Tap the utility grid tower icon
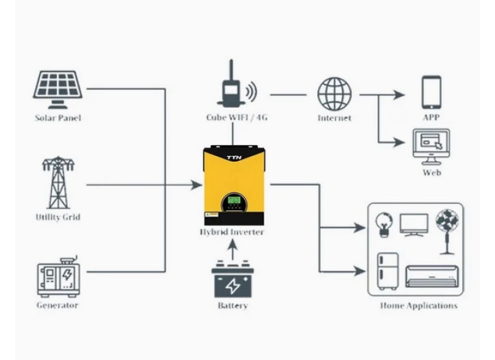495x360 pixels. click(x=58, y=183)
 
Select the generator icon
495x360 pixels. click(x=58, y=278)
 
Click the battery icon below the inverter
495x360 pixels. click(x=232, y=280)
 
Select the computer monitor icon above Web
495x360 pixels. click(x=431, y=146)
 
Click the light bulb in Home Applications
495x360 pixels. click(x=383, y=223)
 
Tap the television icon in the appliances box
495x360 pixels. click(x=414, y=224)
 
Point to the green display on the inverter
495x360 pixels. click(x=234, y=202)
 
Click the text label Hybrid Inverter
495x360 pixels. click(x=232, y=232)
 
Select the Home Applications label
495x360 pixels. click(x=418, y=306)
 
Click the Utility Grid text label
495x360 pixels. click(x=58, y=217)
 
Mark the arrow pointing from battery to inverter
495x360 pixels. click(x=232, y=249)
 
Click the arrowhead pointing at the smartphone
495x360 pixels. click(x=399, y=95)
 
